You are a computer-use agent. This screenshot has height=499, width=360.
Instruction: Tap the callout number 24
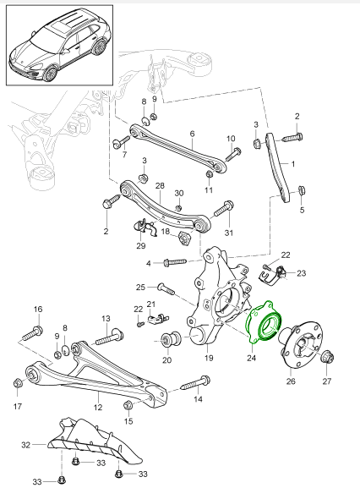251,358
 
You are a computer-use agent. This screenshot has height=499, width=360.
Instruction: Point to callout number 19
209,358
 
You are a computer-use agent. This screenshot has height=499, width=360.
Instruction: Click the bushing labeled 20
171,339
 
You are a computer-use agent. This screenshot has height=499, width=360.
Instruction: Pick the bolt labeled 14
195,383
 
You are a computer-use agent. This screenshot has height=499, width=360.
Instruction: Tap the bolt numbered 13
109,338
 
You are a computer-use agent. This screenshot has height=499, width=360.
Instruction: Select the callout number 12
98,407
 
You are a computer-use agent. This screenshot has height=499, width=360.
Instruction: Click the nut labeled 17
18,383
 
